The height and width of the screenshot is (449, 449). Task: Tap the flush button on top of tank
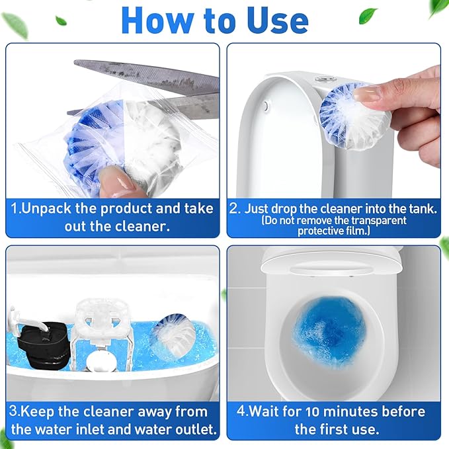click(x=323, y=77)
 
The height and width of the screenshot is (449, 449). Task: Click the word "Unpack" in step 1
click(x=52, y=208)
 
